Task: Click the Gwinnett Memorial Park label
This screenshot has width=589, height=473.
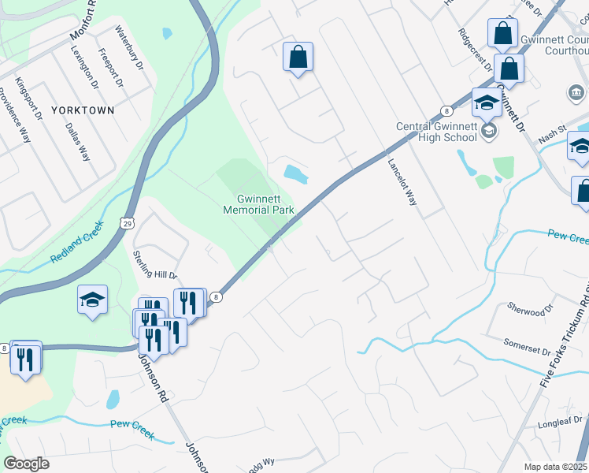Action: (258, 204)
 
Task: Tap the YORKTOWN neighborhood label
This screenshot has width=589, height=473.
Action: (83, 110)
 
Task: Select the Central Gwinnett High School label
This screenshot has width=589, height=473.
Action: (436, 132)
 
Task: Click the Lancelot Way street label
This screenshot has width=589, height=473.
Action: (402, 182)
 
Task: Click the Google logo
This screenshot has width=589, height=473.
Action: (26, 463)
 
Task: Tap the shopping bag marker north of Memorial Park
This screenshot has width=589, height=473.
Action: (298, 57)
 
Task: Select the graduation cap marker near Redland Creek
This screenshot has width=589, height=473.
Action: (92, 300)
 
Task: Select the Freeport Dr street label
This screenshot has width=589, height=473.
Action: (109, 69)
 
